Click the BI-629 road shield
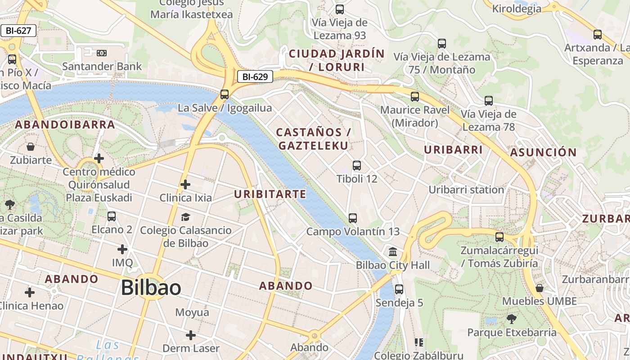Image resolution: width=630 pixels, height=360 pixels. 255,76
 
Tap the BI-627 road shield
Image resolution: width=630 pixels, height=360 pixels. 18,31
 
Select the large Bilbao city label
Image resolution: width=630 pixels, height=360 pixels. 151,288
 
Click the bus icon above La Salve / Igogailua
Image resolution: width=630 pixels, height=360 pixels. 225,94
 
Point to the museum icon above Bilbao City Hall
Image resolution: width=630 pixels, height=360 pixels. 393,252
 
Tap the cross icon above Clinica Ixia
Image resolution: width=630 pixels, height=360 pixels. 185,184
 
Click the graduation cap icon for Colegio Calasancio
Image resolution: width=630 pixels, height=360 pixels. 185,217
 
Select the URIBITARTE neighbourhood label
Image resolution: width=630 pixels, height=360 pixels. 270,194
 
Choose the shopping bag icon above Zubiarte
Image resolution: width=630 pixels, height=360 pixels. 31,147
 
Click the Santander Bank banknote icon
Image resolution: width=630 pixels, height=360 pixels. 102,53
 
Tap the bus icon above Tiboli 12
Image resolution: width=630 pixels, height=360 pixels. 357,166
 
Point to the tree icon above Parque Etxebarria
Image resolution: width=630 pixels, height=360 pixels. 511,319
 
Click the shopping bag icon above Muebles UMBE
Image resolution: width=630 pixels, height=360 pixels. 539,288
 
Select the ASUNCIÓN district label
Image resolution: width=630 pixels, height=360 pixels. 543,153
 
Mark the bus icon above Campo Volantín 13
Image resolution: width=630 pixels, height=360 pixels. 353,218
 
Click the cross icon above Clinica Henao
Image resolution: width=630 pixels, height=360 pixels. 30,292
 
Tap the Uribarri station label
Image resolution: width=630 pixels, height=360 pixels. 466,189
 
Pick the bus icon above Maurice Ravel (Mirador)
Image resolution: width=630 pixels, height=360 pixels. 415,97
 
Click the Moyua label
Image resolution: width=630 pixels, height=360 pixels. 192,312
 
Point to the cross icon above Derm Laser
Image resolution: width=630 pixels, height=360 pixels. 191,335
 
